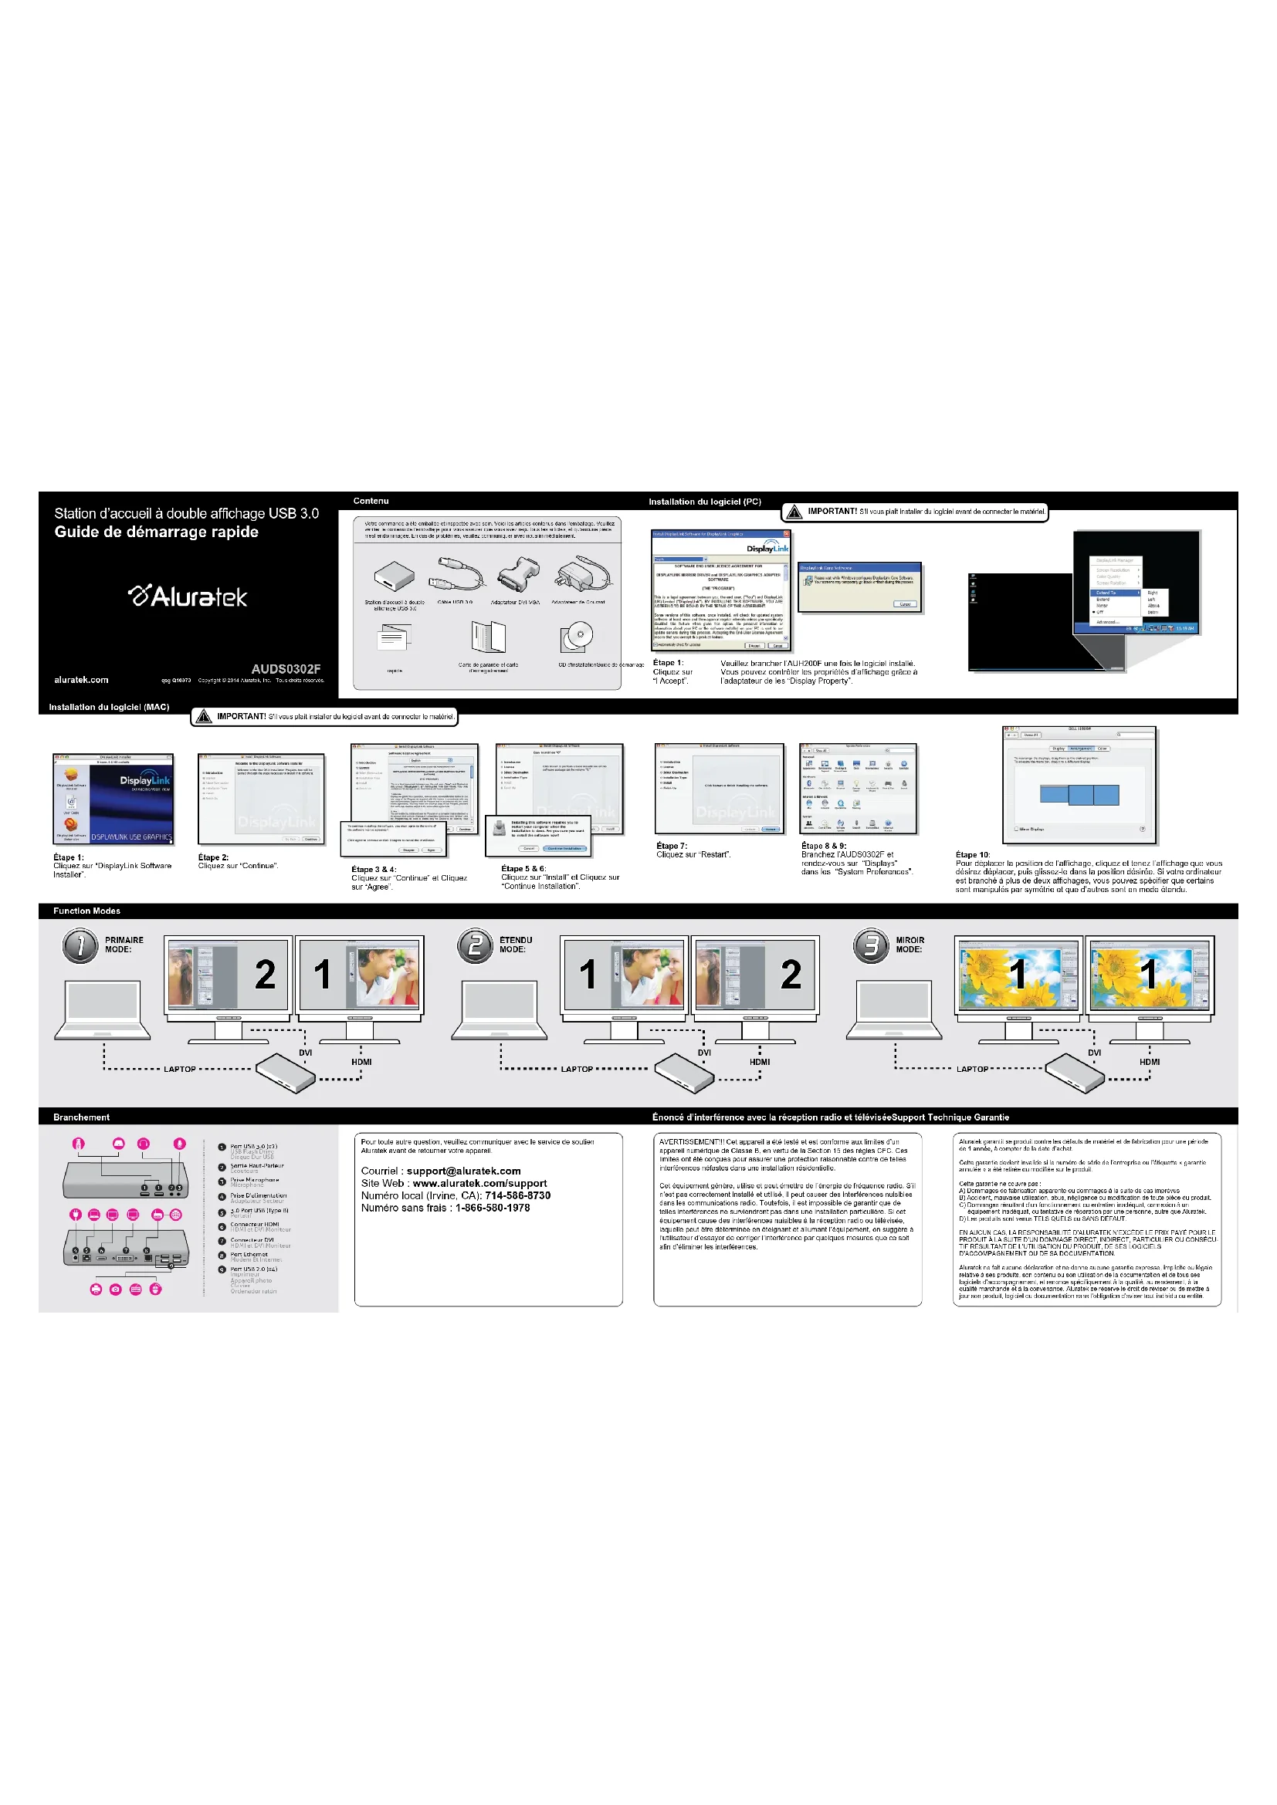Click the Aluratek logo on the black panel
tap(188, 597)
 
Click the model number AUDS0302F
tap(286, 669)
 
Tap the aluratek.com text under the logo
tap(81, 680)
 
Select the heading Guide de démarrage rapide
tap(156, 532)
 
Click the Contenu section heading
tap(371, 501)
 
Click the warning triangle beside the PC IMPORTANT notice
tap(794, 512)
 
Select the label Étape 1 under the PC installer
tap(668, 663)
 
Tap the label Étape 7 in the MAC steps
tap(672, 846)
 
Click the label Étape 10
tap(973, 854)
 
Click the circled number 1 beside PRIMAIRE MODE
tap(80, 945)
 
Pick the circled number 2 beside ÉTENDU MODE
tap(475, 945)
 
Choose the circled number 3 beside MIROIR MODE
tap(870, 945)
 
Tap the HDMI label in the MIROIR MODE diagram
tap(1149, 1062)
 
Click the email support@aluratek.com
tap(463, 1171)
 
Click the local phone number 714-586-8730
tap(517, 1195)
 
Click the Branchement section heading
tap(81, 1117)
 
